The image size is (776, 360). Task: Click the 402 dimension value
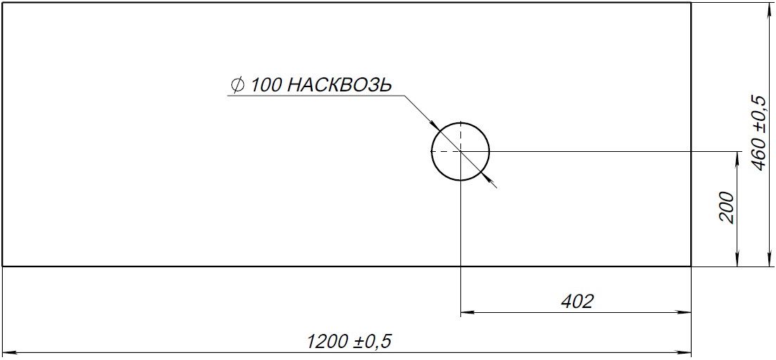coord(577,302)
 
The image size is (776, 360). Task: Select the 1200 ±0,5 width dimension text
coord(349,342)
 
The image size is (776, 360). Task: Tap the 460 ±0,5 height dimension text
coord(758,132)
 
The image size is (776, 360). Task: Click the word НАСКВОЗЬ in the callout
coord(339,86)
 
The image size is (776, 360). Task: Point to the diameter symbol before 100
coord(237,86)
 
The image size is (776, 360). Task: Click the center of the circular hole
coord(460,151)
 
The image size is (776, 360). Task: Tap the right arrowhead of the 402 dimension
coord(686,311)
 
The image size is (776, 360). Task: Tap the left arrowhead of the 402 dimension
coord(466,311)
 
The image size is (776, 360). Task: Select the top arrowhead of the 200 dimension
coord(736,157)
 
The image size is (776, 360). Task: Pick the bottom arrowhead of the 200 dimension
coord(736,262)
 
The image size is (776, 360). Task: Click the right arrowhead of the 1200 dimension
coord(686,352)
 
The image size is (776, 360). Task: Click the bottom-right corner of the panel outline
coord(692,266)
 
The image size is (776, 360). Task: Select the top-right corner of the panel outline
coord(692,3)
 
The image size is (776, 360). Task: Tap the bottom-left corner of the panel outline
coord(3,266)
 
